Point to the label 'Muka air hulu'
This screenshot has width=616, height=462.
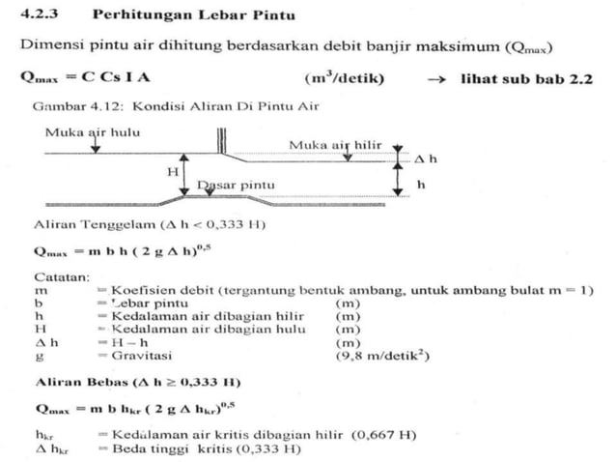coord(85,131)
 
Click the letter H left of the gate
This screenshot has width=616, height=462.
coord(173,170)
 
